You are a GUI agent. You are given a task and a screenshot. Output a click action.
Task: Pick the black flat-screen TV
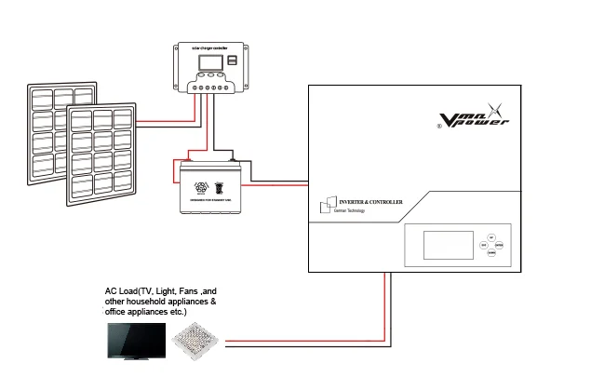[136, 342]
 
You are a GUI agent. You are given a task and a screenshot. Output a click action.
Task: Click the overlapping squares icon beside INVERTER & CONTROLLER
[325, 205]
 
